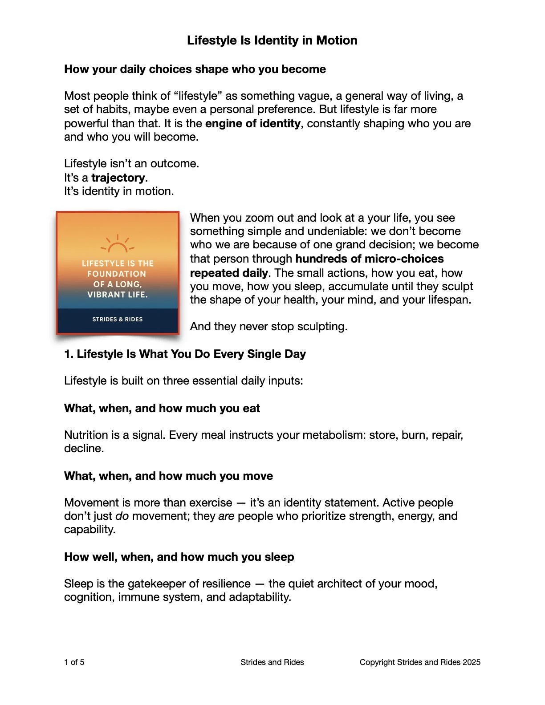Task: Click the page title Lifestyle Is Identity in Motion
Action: [x=272, y=41]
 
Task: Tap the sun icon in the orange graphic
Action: [x=118, y=245]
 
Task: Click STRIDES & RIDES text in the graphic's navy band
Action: [x=118, y=319]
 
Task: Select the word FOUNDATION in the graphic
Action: [x=117, y=274]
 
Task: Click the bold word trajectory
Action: [x=118, y=178]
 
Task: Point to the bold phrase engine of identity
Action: [x=253, y=123]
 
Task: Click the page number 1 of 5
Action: [x=74, y=662]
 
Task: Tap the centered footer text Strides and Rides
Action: [x=272, y=662]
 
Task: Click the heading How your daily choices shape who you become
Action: [x=195, y=69]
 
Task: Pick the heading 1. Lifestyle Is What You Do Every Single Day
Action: [x=185, y=354]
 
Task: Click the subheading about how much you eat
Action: [x=162, y=409]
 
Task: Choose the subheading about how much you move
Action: [x=168, y=476]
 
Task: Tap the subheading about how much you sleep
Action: [x=179, y=557]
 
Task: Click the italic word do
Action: [x=122, y=516]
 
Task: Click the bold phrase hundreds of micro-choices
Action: [x=369, y=259]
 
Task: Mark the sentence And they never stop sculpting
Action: [x=268, y=327]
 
